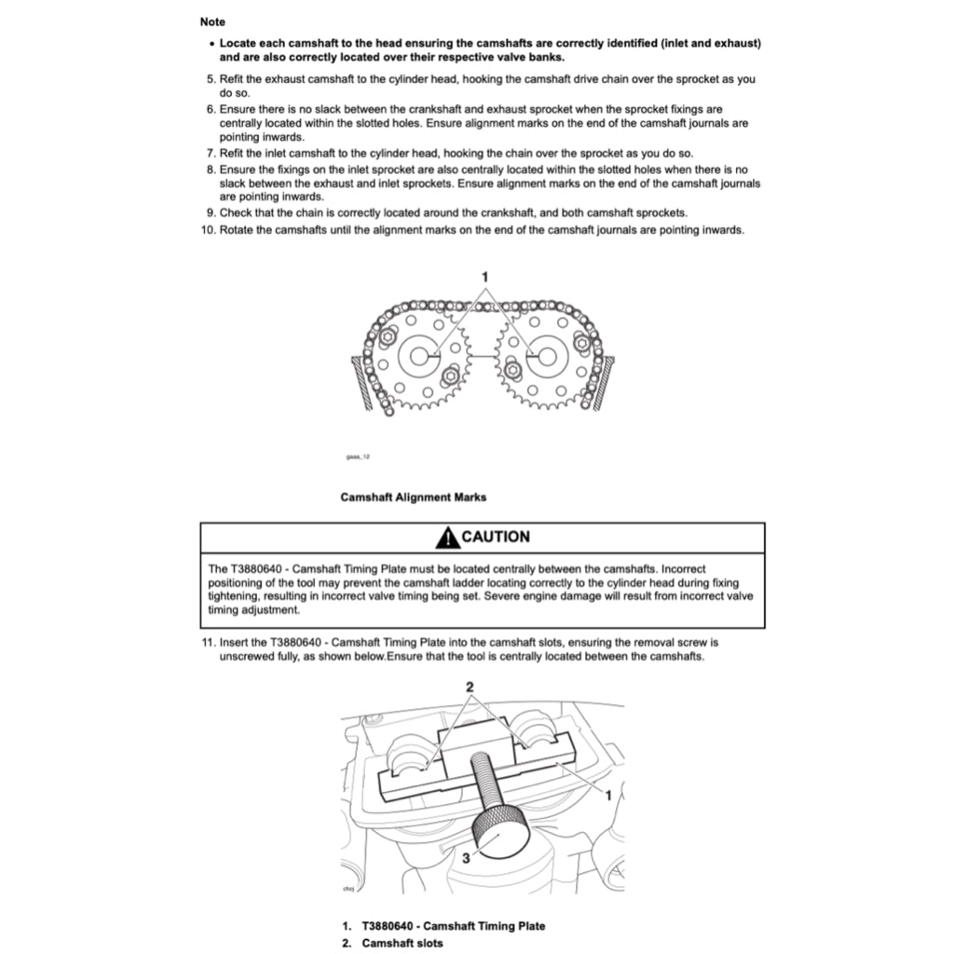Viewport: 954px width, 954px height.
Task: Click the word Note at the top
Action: (212, 21)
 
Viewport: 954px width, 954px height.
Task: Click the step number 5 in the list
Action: (211, 79)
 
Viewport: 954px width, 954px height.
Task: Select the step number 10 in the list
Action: (208, 230)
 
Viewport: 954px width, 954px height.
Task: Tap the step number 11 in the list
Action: (208, 642)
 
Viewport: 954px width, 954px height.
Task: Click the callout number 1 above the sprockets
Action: (484, 276)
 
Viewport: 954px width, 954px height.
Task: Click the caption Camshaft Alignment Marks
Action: (413, 497)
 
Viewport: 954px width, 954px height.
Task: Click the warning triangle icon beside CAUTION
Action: (447, 537)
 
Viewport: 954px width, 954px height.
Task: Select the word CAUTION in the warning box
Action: (496, 537)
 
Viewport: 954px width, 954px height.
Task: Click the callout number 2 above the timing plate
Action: (470, 687)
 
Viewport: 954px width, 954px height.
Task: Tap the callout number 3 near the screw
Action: (467, 859)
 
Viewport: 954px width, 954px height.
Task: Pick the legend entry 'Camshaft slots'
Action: (402, 943)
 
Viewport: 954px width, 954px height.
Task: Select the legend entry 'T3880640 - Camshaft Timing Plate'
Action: (453, 926)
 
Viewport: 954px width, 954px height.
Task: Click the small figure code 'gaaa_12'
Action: (358, 457)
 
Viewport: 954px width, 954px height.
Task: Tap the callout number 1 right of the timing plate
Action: (608, 796)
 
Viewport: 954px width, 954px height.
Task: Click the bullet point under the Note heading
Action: (211, 44)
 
